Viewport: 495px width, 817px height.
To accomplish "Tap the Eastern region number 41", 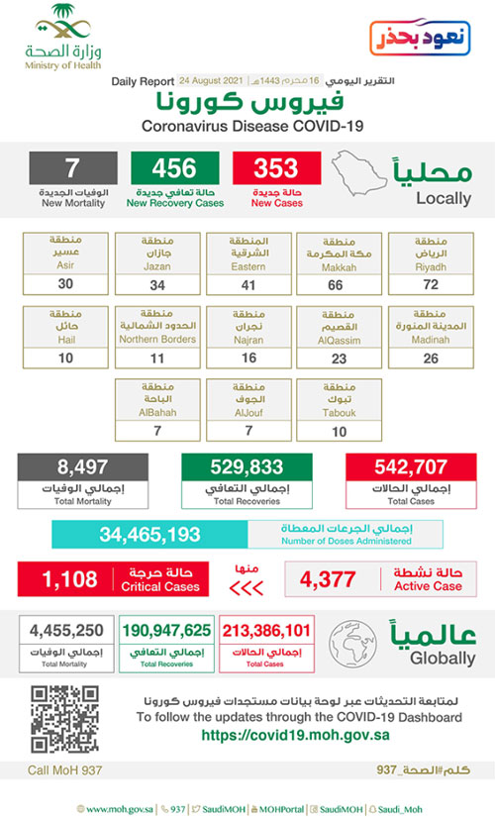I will [248, 284].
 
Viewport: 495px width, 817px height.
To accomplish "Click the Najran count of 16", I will [248, 358].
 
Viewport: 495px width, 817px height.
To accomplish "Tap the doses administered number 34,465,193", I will [148, 535].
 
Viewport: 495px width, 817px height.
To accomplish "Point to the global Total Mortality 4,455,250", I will [62, 630].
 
